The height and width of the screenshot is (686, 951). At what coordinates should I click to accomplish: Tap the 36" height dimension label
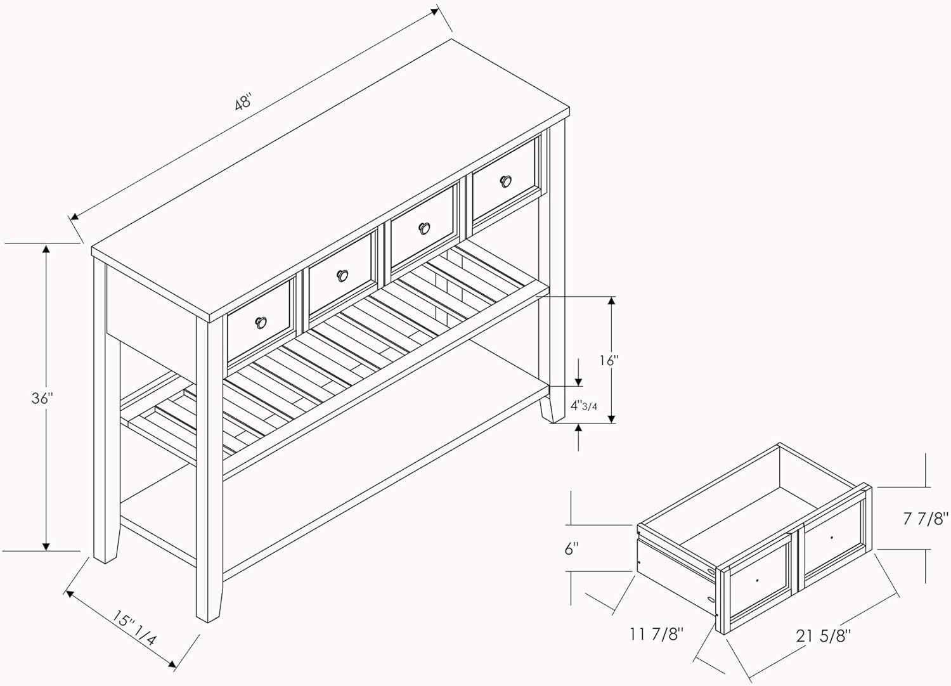[x=42, y=399]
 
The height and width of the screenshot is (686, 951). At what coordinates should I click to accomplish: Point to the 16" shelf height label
[x=609, y=361]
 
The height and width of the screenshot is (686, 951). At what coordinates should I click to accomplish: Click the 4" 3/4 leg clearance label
[x=584, y=405]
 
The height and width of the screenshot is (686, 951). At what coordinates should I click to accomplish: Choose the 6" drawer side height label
[x=572, y=548]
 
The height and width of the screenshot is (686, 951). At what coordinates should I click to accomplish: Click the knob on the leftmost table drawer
[x=261, y=322]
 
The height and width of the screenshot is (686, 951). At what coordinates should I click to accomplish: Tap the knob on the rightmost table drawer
[x=505, y=181]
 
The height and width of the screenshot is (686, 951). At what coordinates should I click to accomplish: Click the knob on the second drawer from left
[x=342, y=276]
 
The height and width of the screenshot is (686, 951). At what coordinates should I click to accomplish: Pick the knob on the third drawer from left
[x=424, y=228]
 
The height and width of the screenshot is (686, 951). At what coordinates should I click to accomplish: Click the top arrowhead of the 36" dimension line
[x=46, y=249]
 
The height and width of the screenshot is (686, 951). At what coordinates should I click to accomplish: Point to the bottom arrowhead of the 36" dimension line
[x=46, y=546]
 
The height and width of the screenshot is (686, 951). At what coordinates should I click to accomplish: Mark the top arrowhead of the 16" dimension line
[x=611, y=301]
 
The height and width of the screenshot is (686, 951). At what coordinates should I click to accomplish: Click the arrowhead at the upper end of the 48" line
[x=434, y=11]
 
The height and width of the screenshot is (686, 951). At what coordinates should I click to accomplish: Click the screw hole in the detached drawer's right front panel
[x=831, y=538]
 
